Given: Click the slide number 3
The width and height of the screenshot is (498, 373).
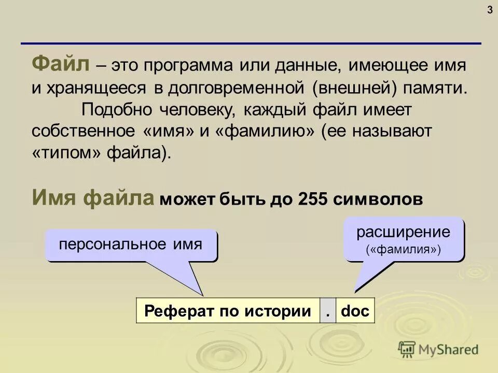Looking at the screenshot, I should [x=490, y=11].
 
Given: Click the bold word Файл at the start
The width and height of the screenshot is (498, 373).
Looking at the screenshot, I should [x=61, y=65].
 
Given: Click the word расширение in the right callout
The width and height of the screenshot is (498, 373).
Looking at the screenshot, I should [x=403, y=232].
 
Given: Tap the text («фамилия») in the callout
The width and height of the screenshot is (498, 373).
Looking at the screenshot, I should [x=403, y=250].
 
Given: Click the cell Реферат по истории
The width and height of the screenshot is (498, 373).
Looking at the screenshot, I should [x=228, y=311].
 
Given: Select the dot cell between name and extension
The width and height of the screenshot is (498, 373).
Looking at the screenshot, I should [x=328, y=311].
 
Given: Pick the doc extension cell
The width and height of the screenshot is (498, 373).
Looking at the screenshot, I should [x=355, y=311].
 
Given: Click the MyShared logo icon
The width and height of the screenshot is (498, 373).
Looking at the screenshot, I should [x=407, y=349].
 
